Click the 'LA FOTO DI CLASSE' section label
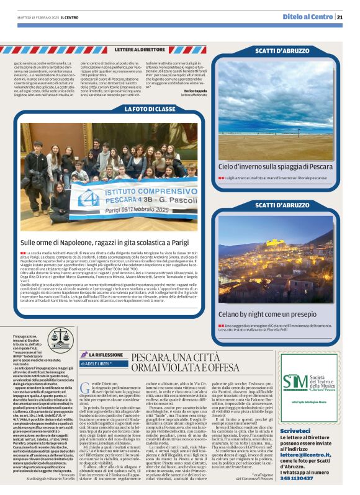point(148,109)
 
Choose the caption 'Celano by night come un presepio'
point(267,314)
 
